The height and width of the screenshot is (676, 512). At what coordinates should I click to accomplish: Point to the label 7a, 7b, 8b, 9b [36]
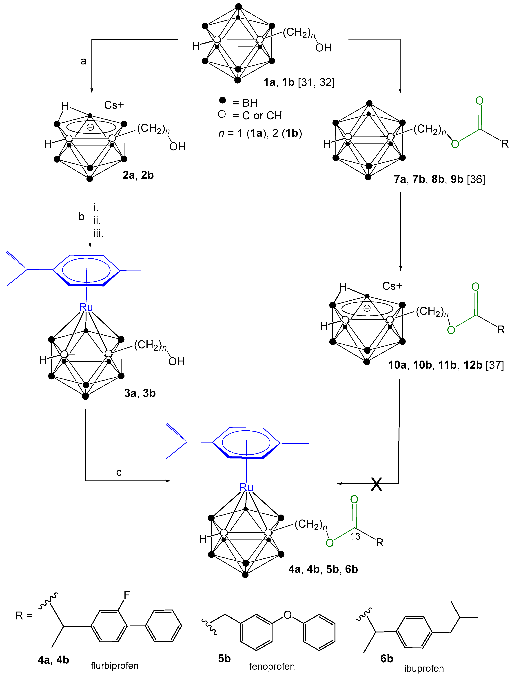pyautogui.click(x=439, y=179)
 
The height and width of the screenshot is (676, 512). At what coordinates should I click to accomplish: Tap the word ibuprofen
pyautogui.click(x=424, y=668)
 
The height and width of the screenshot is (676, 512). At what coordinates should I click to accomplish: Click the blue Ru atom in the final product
pyautogui.click(x=246, y=487)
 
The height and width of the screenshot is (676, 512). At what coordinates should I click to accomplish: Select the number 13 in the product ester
pyautogui.click(x=355, y=536)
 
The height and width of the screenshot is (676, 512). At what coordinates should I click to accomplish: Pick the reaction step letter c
pyautogui.click(x=119, y=473)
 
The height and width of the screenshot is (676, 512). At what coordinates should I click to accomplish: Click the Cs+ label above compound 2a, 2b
pyautogui.click(x=114, y=105)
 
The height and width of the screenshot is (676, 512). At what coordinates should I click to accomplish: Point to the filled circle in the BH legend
pyautogui.click(x=223, y=100)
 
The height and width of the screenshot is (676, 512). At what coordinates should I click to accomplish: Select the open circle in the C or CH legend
pyautogui.click(x=222, y=114)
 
